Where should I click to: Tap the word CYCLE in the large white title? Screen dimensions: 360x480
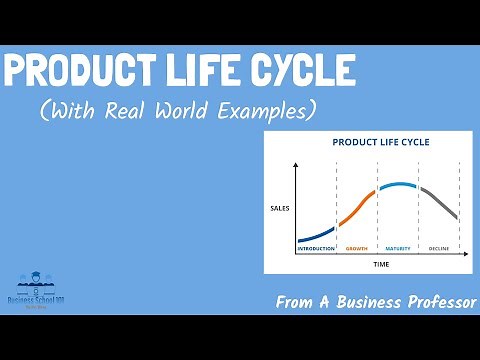coord(299,71)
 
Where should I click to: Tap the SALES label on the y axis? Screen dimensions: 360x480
coord(279,208)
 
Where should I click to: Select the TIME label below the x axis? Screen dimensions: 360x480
coord(380,264)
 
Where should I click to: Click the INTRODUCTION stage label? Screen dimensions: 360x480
coord(316,247)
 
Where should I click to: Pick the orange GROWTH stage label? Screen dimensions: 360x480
coord(356,247)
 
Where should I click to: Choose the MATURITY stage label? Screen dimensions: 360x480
coord(397,247)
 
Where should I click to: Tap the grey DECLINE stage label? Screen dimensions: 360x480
coord(439,247)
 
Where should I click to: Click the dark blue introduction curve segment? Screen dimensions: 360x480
coord(316,236)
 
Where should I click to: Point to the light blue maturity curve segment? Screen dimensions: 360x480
coord(397,185)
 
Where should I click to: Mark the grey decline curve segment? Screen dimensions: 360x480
coord(440,203)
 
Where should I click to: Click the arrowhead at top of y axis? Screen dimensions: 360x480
coord(295,163)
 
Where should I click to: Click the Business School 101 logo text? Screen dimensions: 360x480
coord(36,300)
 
